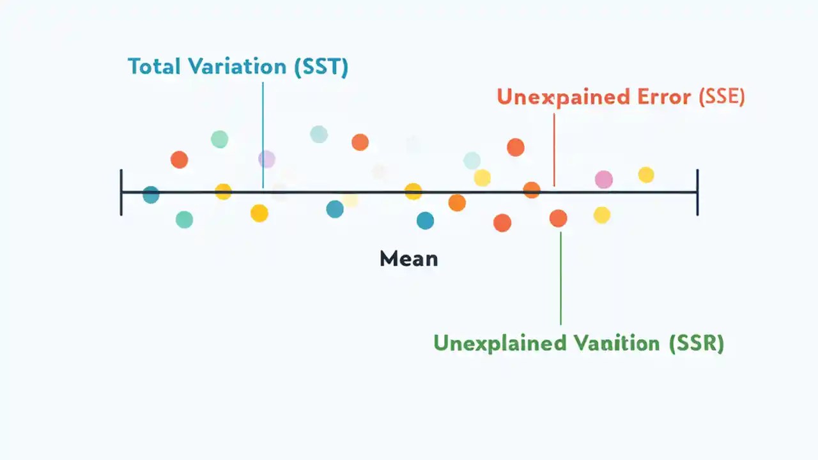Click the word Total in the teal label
click(x=153, y=67)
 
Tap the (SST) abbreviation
click(x=321, y=67)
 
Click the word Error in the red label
click(x=664, y=96)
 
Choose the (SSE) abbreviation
click(x=722, y=96)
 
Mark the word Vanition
click(x=616, y=343)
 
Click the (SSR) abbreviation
click(x=697, y=343)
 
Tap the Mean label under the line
click(x=408, y=259)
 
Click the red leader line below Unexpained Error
click(x=554, y=147)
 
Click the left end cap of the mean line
click(x=121, y=192)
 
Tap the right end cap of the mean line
click(x=697, y=192)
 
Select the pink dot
click(x=603, y=180)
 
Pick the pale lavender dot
click(x=266, y=159)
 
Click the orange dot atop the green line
click(x=558, y=218)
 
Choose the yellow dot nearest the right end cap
click(x=646, y=174)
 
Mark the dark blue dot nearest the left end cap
click(x=151, y=195)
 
